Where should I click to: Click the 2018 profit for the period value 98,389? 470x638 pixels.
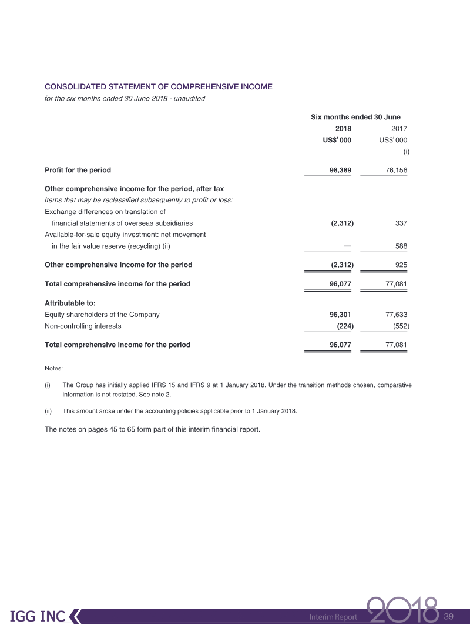[341, 170]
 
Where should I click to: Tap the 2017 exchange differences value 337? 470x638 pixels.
[401, 223]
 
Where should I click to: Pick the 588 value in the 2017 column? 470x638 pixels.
[401, 246]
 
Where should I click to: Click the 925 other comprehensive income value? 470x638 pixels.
[401, 265]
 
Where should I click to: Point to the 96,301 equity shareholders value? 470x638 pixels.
[341, 315]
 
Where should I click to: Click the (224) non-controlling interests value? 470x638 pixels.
[343, 325]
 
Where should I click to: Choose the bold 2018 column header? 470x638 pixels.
[343, 129]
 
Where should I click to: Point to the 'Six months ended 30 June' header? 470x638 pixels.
[355, 117]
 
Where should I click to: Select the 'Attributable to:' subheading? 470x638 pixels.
[70, 303]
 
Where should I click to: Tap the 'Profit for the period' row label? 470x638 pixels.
[78, 170]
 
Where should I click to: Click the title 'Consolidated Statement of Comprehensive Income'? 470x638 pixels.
[159, 86]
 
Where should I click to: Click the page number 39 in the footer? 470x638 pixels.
[449, 616]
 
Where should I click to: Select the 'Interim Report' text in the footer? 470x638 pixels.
[333, 617]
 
